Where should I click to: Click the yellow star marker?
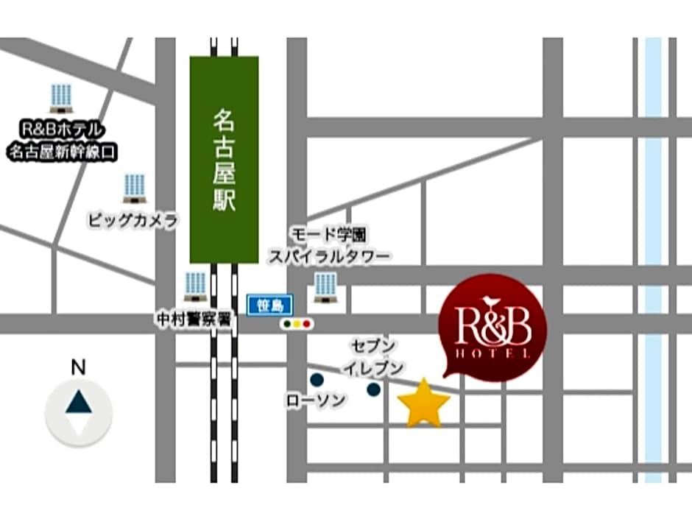(424, 403)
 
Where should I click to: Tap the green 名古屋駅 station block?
(224, 159)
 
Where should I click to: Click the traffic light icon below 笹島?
(297, 323)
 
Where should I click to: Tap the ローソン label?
(315, 400)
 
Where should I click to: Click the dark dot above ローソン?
(317, 380)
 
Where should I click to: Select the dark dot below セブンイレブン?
(374, 389)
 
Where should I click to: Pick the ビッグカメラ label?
(133, 219)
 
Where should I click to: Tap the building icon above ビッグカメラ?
(134, 188)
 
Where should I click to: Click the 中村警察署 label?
(194, 319)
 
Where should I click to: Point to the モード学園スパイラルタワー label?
(329, 245)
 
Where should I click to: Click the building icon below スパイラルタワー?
(325, 287)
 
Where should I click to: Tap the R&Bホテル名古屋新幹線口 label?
(63, 141)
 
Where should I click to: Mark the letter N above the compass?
(78, 367)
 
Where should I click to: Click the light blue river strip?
(653, 258)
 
